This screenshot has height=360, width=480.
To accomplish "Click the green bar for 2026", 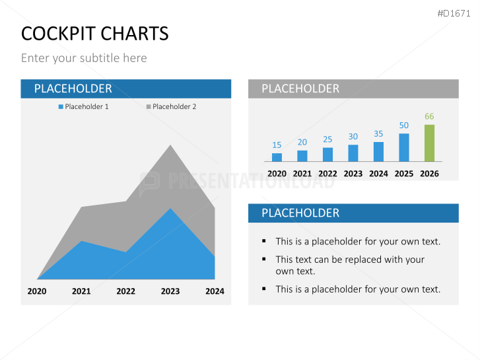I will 429,143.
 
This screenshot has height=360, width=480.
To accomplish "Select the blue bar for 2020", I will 277,157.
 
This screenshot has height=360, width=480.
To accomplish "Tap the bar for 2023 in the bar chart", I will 353,153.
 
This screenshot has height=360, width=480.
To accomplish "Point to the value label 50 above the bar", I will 404,126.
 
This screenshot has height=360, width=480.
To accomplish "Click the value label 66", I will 429,116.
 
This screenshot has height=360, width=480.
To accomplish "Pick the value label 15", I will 277,145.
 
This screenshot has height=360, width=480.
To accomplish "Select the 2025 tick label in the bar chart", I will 404,174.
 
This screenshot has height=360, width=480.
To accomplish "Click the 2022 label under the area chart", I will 125,291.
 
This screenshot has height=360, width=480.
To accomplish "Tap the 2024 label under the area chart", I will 215,291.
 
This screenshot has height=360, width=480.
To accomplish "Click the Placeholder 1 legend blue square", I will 61,106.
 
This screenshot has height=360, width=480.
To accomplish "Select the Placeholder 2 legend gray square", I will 149,106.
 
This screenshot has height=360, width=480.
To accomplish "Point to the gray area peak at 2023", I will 170,147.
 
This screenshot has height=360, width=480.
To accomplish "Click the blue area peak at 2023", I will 170,210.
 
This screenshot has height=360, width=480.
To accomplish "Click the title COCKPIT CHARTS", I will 94,34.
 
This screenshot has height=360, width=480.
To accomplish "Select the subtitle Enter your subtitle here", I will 84,58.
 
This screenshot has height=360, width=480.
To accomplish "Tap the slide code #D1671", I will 454,13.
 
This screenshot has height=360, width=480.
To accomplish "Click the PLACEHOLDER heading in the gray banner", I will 300,89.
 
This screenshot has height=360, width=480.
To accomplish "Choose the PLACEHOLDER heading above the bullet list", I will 300,213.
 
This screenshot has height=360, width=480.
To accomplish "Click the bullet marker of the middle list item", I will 264,260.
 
